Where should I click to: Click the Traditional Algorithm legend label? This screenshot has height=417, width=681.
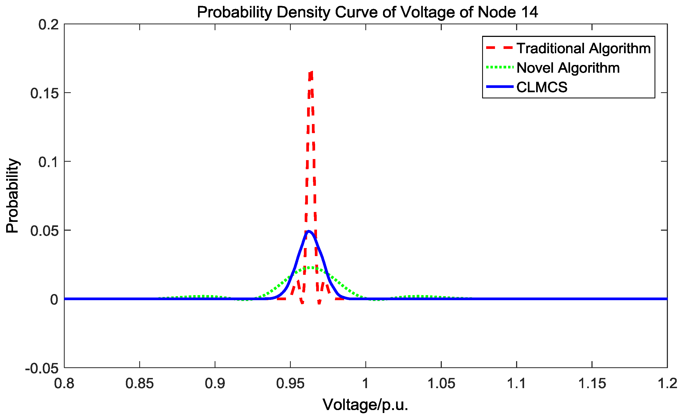pyautogui.click(x=583, y=48)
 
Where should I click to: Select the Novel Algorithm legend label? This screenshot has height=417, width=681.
pyautogui.click(x=568, y=68)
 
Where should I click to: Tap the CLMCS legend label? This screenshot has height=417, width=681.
pyautogui.click(x=542, y=87)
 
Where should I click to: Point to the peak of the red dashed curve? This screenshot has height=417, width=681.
pyautogui.click(x=311, y=73)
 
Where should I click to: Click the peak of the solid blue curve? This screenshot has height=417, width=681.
pyautogui.click(x=309, y=231)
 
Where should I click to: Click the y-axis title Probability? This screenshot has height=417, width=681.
pyautogui.click(x=12, y=196)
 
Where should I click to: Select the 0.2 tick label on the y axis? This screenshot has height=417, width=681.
pyautogui.click(x=49, y=24)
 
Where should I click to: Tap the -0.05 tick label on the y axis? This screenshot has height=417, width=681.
pyautogui.click(x=42, y=368)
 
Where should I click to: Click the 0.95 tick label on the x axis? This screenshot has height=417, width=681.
pyautogui.click(x=290, y=384)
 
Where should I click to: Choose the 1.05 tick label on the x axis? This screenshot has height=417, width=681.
pyautogui.click(x=441, y=384)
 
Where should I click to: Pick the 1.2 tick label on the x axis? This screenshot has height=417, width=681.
pyautogui.click(x=667, y=384)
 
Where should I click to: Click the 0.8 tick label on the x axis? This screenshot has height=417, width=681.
pyautogui.click(x=64, y=384)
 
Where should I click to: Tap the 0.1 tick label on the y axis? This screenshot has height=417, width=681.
pyautogui.click(x=49, y=162)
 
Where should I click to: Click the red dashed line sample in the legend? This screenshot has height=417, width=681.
pyautogui.click(x=499, y=48)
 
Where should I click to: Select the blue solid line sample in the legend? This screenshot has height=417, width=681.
pyautogui.click(x=499, y=87)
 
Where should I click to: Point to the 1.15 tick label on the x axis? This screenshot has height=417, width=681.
pyautogui.click(x=592, y=384)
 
